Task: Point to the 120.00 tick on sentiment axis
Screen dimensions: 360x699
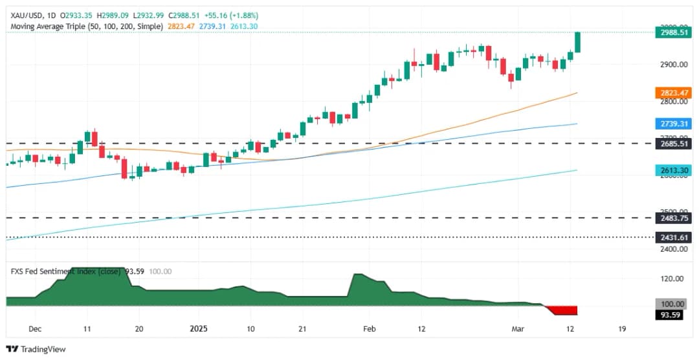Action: [x=671, y=278]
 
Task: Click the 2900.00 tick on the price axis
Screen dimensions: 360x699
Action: [x=671, y=65]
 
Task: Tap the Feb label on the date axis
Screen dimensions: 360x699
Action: [x=369, y=328]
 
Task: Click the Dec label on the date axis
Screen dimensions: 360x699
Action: [x=36, y=328]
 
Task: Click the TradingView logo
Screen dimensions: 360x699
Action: [x=36, y=349]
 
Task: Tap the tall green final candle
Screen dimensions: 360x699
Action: [x=577, y=42]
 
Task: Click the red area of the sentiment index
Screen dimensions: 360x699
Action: [x=563, y=311]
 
